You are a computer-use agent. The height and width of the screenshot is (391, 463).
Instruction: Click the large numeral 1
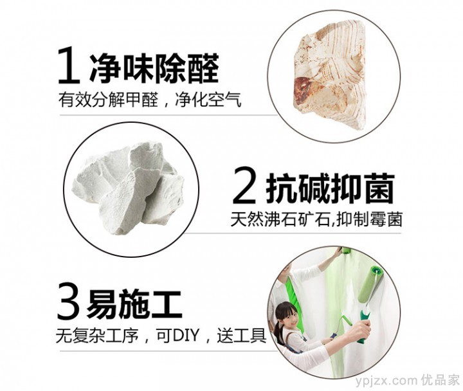coord(69,65)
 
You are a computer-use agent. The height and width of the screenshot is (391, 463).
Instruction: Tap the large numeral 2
coord(244,185)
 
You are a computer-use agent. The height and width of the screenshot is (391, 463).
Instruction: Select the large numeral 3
coord(69,300)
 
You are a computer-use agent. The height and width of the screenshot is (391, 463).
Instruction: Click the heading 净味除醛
coord(154,69)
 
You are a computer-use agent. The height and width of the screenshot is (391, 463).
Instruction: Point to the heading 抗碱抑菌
coord(331,188)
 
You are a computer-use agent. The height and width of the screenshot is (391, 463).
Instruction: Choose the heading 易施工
coord(134,304)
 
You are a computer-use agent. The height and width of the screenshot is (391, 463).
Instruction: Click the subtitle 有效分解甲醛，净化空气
coord(150,100)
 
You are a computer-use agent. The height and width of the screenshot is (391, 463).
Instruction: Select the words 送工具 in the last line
coord(242,335)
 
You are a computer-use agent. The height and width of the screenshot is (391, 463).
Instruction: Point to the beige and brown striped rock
coord(329,75)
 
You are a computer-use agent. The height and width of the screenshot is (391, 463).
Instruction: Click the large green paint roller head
coord(369,284)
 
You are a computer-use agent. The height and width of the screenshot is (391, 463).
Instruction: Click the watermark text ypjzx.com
coord(386,381)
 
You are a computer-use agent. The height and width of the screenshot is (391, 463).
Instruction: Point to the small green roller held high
coord(346,251)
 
